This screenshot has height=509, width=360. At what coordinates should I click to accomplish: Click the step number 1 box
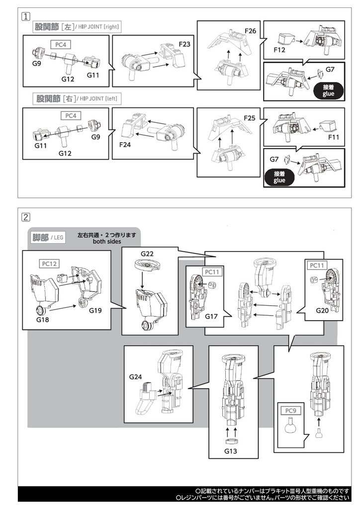coord(25,15)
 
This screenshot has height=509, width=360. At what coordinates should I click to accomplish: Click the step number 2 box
coord(25,217)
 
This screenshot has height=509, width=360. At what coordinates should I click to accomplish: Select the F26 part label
coord(251,31)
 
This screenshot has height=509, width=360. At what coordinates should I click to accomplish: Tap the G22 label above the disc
coord(147,254)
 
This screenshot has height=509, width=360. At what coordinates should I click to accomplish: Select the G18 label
coord(43,320)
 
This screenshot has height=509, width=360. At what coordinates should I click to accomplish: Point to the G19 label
coord(95,311)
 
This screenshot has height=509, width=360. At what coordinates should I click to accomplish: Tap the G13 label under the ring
coord(231,452)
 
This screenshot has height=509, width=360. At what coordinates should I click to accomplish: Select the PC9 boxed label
coord(290,411)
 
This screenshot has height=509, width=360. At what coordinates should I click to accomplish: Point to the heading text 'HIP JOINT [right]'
coord(97,27)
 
